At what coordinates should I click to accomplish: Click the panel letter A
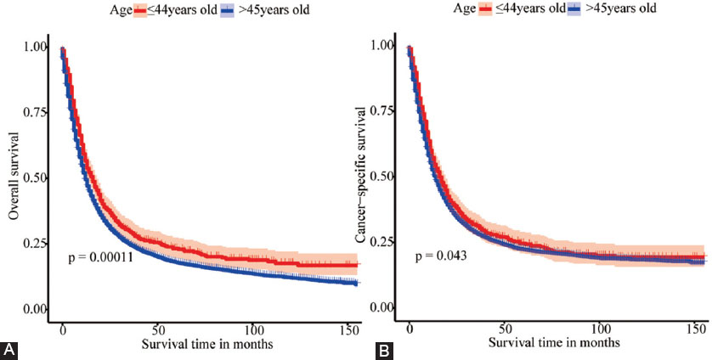pyautogui.click(x=9, y=348)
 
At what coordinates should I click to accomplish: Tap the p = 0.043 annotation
pyautogui.click(x=443, y=256)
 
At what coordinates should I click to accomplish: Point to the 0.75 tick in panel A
pyautogui.click(x=36, y=112)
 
